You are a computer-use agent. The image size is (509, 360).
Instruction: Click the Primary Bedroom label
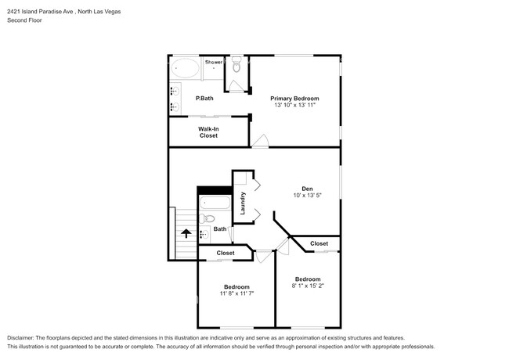(x=294, y=99)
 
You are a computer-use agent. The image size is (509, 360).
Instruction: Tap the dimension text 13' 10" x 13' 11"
(x=294, y=105)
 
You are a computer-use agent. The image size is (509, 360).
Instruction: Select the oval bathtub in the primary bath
(x=185, y=68)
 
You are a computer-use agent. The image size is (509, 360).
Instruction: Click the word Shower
(x=214, y=62)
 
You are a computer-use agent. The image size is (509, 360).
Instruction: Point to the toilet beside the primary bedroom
(x=236, y=64)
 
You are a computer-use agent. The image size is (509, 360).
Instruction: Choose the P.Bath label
(x=204, y=99)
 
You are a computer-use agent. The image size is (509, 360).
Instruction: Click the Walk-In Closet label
(x=208, y=132)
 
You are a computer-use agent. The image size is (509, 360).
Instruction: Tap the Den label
(x=308, y=189)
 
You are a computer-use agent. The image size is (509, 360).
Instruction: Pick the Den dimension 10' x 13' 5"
(x=308, y=195)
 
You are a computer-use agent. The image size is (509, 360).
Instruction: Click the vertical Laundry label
(x=243, y=203)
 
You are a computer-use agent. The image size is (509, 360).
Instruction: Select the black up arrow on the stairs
(x=186, y=233)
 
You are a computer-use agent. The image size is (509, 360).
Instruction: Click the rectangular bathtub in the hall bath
(x=215, y=203)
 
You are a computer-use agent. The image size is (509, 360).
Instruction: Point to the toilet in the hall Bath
(x=207, y=218)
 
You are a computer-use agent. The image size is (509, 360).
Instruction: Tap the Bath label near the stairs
(x=220, y=229)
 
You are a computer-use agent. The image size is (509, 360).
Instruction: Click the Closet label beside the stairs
(x=226, y=253)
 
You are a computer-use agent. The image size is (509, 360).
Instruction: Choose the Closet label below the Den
(x=319, y=243)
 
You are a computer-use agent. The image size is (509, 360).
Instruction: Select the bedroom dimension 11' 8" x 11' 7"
(x=236, y=293)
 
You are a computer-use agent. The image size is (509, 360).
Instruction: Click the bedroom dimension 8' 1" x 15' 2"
(x=308, y=286)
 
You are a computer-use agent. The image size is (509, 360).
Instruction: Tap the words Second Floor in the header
(x=25, y=20)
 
